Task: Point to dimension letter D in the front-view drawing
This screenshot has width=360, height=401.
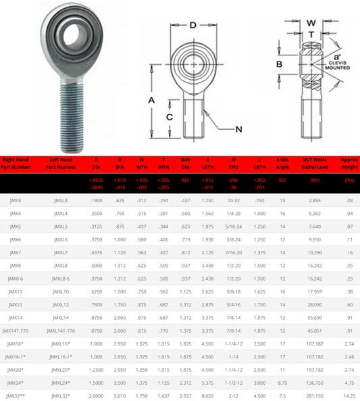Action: (192, 25)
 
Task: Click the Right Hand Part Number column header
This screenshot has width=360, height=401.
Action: (16, 164)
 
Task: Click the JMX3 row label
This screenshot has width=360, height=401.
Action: (15, 201)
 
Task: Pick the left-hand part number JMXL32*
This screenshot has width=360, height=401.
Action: (61, 394)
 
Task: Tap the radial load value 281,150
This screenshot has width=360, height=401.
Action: (315, 394)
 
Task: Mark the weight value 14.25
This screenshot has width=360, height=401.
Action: (349, 394)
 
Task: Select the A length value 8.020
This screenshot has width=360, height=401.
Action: (208, 394)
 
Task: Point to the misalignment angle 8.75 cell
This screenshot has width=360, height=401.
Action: (282, 383)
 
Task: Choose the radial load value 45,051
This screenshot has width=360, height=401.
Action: (315, 331)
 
